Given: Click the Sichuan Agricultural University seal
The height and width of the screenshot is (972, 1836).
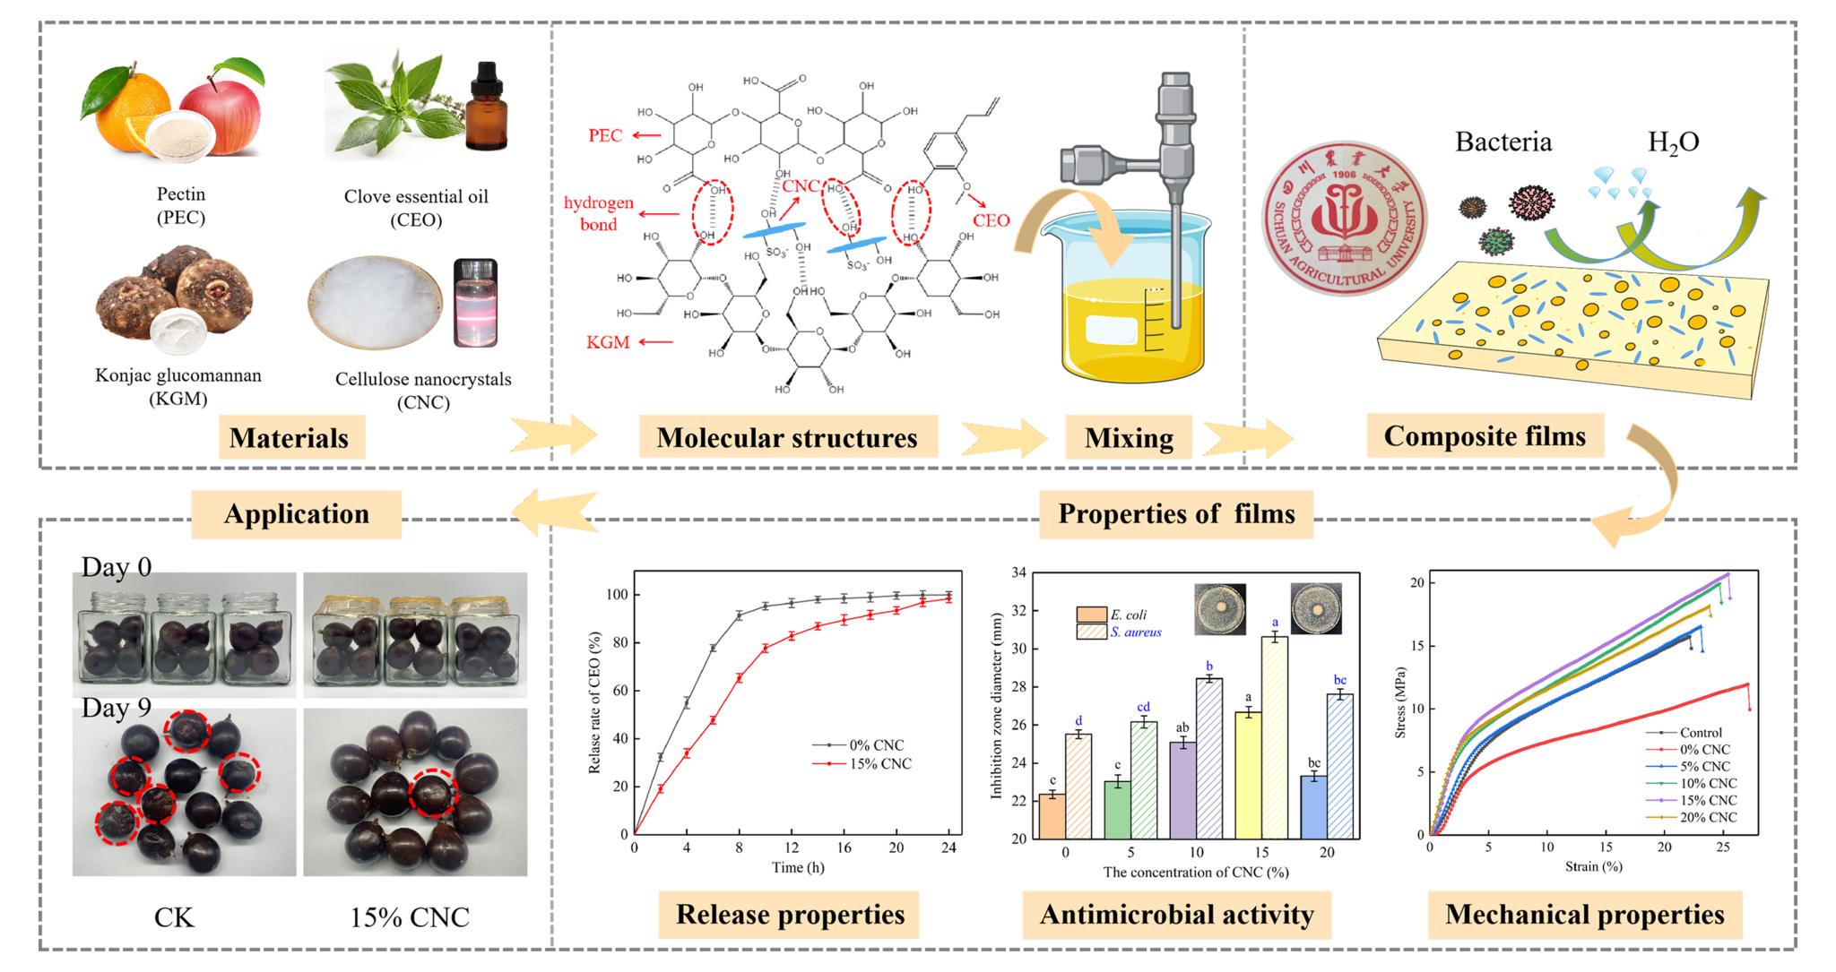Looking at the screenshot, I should pyautogui.click(x=1344, y=218).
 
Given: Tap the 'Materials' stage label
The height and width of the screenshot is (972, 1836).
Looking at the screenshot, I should pyautogui.click(x=289, y=438).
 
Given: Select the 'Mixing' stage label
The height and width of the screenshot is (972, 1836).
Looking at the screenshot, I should pyautogui.click(x=1129, y=438).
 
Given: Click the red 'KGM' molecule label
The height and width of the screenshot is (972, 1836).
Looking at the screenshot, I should pyautogui.click(x=608, y=342).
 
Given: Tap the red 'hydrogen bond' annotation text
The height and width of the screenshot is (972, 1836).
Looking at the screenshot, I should pyautogui.click(x=598, y=213).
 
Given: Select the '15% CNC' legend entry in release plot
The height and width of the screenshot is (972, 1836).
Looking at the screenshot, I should pyautogui.click(x=879, y=764).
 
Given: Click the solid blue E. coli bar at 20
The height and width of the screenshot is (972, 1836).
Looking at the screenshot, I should pyautogui.click(x=1313, y=806).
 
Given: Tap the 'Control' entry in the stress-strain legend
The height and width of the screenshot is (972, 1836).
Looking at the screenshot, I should pyautogui.click(x=1700, y=732).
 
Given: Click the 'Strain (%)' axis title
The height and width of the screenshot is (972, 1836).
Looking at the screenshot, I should pyautogui.click(x=1593, y=866).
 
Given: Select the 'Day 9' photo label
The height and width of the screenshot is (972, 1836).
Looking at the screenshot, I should pyautogui.click(x=117, y=708).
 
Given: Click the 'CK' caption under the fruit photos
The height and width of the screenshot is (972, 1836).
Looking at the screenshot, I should pyautogui.click(x=174, y=917).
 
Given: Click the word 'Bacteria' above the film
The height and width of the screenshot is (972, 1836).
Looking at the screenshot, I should pyautogui.click(x=1503, y=142).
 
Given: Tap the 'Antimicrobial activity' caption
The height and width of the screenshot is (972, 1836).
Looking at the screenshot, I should pyautogui.click(x=1176, y=915).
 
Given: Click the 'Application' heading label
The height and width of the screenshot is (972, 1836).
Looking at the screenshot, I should pyautogui.click(x=297, y=514).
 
